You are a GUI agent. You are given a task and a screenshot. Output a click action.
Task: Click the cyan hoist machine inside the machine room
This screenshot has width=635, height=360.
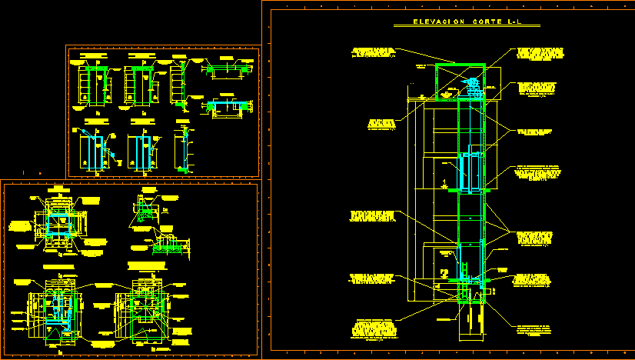pos(471,88)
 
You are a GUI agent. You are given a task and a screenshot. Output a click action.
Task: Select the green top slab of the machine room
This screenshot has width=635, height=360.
pos(460,65)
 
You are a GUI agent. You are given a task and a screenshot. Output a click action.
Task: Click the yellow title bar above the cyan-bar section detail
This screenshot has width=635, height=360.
pos(227,58)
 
